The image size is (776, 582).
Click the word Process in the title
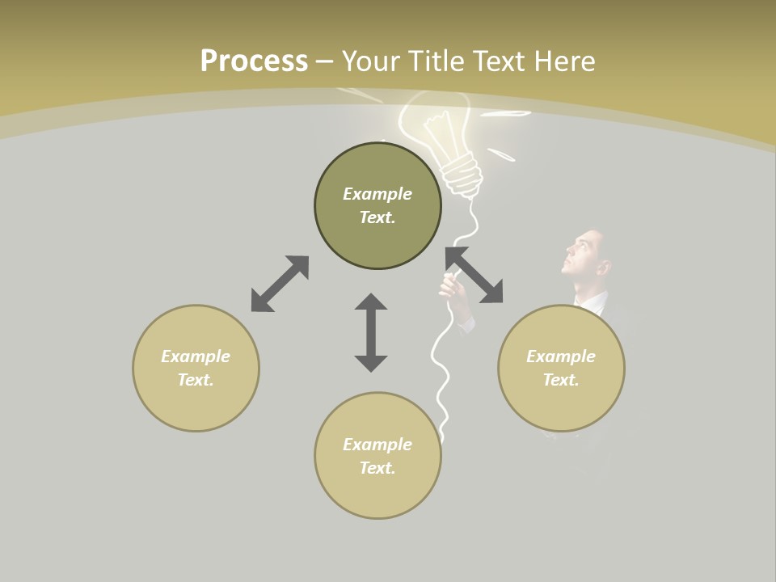[x=254, y=61]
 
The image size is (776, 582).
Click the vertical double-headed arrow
[x=371, y=332]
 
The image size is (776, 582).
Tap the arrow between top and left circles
[x=280, y=284]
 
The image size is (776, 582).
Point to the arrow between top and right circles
[x=474, y=276]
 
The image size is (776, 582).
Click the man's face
[x=584, y=257]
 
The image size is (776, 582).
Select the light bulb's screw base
[x=463, y=175]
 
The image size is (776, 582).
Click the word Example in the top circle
[x=377, y=194]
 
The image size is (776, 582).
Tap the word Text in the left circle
[x=196, y=380]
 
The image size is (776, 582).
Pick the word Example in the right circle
[x=561, y=356]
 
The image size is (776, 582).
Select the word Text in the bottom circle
[x=377, y=468]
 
